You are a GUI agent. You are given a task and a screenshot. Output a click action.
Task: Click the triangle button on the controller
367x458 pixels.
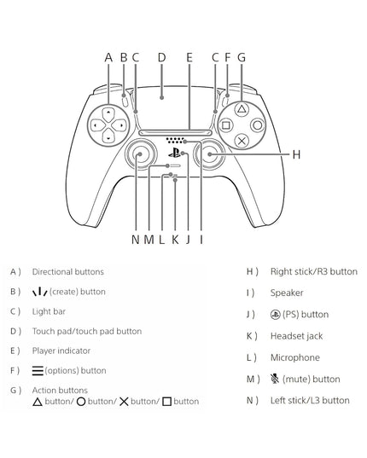point(242,109)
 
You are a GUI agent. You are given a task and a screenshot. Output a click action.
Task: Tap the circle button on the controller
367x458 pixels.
point(258,125)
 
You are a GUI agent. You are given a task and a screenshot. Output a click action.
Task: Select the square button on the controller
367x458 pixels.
point(226,125)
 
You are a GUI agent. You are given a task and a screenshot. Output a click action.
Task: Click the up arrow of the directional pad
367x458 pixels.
point(108,114)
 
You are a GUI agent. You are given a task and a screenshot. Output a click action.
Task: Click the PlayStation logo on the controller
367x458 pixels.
point(174,153)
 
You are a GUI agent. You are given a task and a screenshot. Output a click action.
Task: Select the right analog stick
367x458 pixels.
point(210,154)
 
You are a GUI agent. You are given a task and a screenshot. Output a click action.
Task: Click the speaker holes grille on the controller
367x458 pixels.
point(175,140)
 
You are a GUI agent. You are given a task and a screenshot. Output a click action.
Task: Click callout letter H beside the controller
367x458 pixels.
point(296,154)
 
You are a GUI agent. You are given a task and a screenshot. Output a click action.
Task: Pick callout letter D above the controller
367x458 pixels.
point(161,57)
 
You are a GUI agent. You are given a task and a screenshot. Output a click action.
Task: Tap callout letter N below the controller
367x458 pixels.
point(136,240)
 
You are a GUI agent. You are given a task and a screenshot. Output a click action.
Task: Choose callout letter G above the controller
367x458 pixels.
point(242,57)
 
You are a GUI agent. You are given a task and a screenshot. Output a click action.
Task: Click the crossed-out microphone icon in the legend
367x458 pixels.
point(275,379)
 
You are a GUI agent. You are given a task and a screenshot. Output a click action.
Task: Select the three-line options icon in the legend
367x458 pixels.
point(38,370)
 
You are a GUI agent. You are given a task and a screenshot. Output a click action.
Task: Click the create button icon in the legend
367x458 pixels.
point(40,292)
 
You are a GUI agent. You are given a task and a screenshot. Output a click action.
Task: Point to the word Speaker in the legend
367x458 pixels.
point(287,293)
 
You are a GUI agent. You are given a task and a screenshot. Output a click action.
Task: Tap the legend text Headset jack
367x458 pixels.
point(296,336)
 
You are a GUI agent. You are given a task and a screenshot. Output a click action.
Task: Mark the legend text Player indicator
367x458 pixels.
point(61,351)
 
